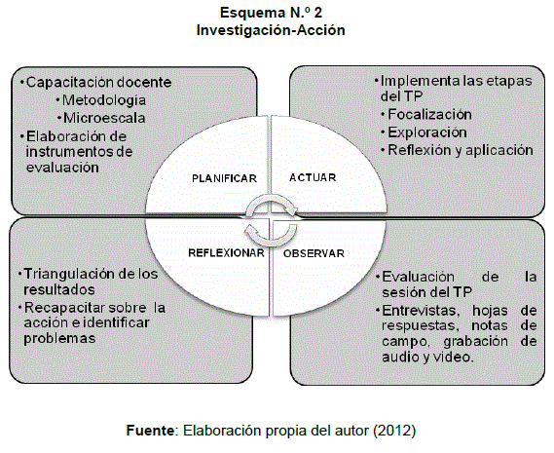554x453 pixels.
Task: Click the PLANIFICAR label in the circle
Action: (x=224, y=178)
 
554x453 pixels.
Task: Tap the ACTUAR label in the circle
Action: (x=313, y=177)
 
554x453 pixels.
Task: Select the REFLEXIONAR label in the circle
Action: (x=226, y=253)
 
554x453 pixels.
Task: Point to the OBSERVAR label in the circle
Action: (x=314, y=253)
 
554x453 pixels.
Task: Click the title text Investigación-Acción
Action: (x=271, y=30)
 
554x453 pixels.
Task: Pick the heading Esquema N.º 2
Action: (x=271, y=13)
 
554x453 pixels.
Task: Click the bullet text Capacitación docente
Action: (x=99, y=83)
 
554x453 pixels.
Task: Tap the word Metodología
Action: (x=104, y=100)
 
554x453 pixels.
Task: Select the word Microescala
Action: (x=104, y=118)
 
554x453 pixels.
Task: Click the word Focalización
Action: (x=430, y=115)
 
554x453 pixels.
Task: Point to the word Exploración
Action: (x=427, y=132)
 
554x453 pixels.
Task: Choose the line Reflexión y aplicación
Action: (x=461, y=150)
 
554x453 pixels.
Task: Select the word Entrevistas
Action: (x=421, y=311)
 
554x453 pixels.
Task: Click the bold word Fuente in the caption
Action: (x=150, y=431)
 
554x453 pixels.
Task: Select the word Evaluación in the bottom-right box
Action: (x=419, y=277)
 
